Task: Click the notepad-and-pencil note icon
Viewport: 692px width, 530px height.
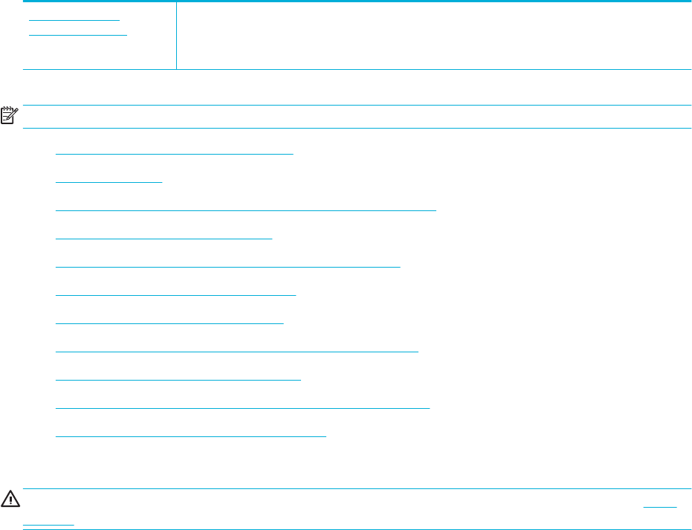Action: click(9, 116)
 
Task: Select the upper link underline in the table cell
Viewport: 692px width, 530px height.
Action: click(74, 19)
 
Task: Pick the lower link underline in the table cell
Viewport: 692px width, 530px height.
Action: click(78, 34)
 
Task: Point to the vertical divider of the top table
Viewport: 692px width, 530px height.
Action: click(176, 36)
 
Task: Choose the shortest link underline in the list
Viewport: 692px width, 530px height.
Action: click(109, 181)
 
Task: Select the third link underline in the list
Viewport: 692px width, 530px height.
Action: click(245, 210)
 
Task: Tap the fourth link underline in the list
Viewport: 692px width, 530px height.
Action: click(164, 238)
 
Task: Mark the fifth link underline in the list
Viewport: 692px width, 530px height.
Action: click(227, 265)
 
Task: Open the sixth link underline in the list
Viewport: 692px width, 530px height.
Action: click(175, 294)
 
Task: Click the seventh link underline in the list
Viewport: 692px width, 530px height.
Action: click(169, 323)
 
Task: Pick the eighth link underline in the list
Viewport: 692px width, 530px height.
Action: click(237, 350)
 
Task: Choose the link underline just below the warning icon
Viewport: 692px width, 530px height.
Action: click(48, 524)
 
